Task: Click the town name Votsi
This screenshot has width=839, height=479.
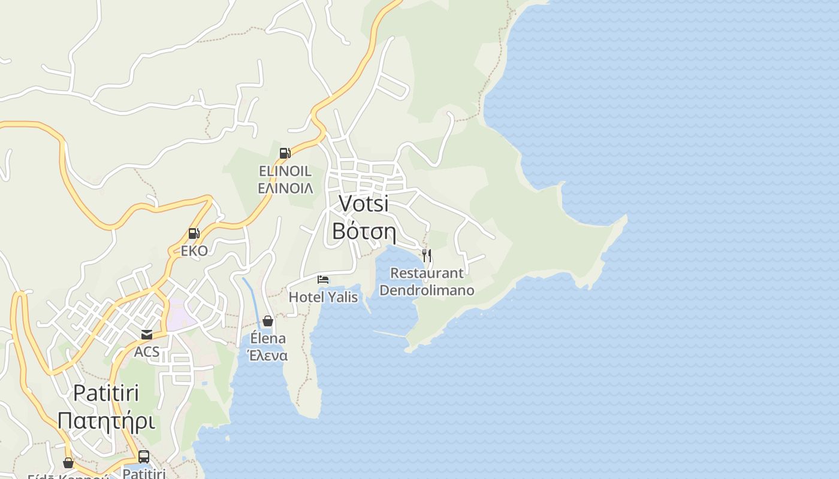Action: tap(364, 204)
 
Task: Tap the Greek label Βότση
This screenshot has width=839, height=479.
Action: tap(364, 231)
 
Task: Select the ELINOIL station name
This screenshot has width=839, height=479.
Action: tap(285, 171)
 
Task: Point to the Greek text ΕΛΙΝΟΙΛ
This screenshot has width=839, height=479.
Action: tap(285, 188)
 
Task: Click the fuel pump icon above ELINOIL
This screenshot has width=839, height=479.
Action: tap(285, 153)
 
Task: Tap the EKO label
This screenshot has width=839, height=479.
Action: tap(194, 251)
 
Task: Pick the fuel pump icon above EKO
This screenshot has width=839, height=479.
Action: tap(194, 234)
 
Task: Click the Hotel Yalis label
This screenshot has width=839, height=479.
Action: tap(323, 297)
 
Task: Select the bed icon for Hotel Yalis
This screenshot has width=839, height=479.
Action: tap(323, 280)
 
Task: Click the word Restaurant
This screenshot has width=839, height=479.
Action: tap(427, 274)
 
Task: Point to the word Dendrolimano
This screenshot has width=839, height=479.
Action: tap(427, 290)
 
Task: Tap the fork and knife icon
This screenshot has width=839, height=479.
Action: tap(427, 256)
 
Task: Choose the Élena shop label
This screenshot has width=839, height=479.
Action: tap(268, 339)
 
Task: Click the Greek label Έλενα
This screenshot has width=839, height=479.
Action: tap(268, 356)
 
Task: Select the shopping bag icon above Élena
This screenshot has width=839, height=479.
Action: tap(268, 322)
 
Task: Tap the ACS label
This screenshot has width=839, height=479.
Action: tap(147, 351)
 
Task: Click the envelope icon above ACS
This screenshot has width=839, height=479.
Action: tap(147, 335)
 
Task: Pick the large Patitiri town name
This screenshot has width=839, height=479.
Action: tap(106, 393)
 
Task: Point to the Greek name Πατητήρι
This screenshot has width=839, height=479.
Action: tap(106, 420)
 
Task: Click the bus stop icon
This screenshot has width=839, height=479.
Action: tap(144, 456)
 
